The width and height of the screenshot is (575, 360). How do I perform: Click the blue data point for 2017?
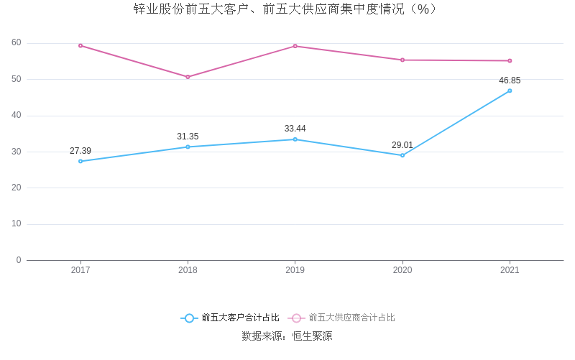(x=80, y=161)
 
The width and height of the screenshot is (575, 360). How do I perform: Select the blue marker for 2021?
(x=510, y=91)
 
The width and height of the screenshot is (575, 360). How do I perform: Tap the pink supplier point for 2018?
(x=188, y=77)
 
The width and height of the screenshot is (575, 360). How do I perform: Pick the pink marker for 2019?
(x=295, y=46)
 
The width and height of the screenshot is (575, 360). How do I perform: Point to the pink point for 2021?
(x=510, y=60)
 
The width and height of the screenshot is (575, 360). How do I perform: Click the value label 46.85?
(x=510, y=80)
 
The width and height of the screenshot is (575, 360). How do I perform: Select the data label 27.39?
(x=80, y=151)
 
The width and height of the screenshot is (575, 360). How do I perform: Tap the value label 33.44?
(x=295, y=129)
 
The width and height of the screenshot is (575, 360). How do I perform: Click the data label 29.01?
(x=402, y=145)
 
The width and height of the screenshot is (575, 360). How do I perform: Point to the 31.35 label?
(x=188, y=137)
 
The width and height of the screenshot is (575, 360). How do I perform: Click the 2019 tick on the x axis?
(x=295, y=270)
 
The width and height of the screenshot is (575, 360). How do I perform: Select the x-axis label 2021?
(x=510, y=270)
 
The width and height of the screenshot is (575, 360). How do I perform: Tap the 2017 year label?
(x=80, y=270)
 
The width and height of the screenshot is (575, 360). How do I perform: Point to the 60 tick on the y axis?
(x=17, y=42)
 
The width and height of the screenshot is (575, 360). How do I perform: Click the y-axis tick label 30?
(x=17, y=152)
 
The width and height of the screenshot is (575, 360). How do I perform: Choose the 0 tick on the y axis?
(x=19, y=260)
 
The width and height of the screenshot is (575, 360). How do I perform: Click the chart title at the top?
(x=285, y=9)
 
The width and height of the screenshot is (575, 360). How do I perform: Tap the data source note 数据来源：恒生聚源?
(x=287, y=336)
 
